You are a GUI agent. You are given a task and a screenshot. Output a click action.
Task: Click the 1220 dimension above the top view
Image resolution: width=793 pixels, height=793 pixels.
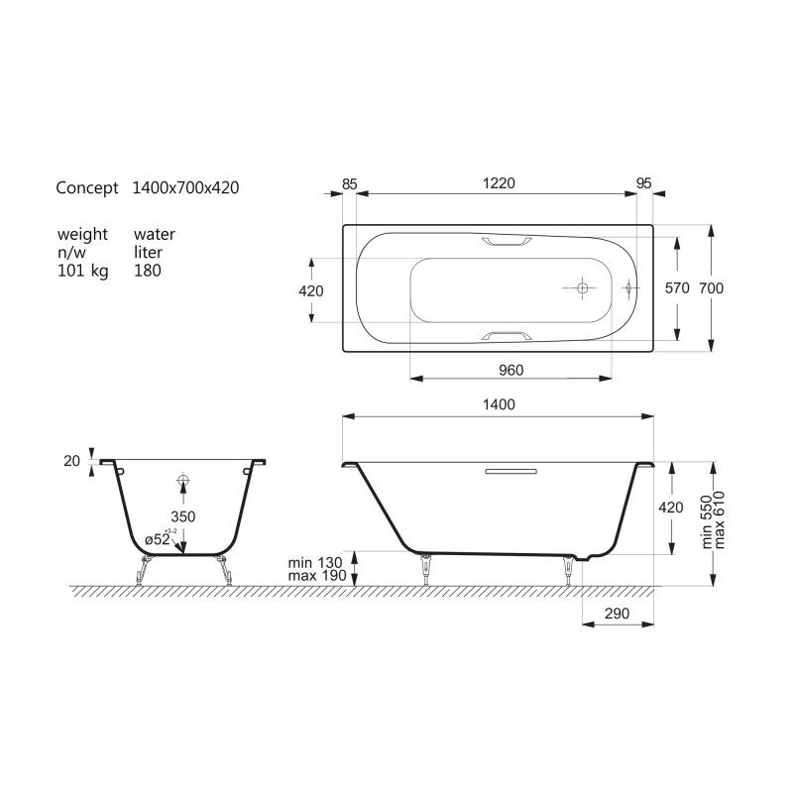click(x=499, y=183)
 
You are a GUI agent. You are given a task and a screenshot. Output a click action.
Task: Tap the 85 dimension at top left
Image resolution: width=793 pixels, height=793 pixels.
click(x=350, y=184)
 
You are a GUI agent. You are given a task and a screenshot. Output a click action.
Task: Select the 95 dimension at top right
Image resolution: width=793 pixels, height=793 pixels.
click(x=643, y=183)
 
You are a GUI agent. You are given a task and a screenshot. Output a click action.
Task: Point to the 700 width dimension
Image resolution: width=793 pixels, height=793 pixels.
click(x=711, y=288)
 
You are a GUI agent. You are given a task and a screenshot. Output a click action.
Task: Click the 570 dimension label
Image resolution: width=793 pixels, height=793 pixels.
click(x=677, y=288)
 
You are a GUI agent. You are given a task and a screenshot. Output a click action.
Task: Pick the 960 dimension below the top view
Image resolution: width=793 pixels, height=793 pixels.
click(x=510, y=370)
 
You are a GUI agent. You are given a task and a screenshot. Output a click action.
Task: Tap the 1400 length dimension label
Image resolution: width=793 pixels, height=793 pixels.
click(x=499, y=404)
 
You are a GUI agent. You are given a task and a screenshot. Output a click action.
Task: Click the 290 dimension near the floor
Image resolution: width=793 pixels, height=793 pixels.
click(x=617, y=614)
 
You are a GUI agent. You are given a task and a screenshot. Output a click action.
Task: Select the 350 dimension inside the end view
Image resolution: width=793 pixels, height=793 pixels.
click(x=183, y=516)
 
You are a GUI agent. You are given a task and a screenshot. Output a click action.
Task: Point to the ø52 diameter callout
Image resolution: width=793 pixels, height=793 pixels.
click(x=158, y=539)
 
